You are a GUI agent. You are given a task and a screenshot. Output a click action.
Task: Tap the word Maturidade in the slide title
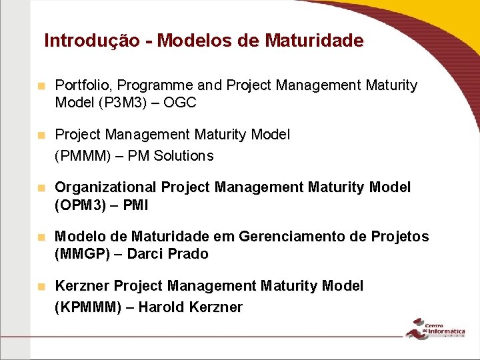tap(314, 41)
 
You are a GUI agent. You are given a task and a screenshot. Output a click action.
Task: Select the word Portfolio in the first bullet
tap(83, 85)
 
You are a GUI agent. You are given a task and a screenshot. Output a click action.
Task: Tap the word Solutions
tap(183, 156)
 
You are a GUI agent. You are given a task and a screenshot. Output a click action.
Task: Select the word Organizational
tap(105, 187)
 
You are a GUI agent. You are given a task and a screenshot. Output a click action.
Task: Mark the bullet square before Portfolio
tap(41, 86)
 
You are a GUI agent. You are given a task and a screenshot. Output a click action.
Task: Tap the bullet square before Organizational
tap(41, 188)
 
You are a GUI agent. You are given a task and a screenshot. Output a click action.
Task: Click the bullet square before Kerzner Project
tap(41, 287)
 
